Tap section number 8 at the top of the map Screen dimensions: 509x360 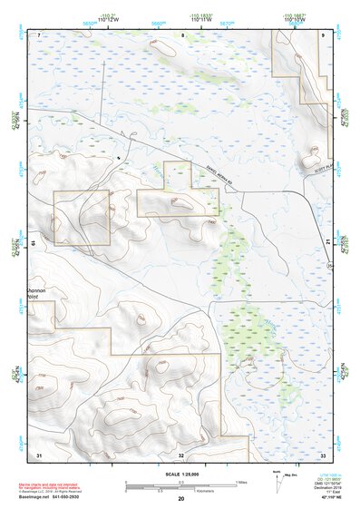click(x=182, y=34)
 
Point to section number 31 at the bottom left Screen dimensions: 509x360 click(x=39, y=454)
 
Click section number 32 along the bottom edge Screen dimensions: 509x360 click(x=181, y=455)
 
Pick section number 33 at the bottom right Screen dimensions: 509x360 click(x=324, y=454)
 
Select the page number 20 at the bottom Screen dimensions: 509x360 click(x=180, y=500)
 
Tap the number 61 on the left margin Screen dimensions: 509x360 click(x=32, y=242)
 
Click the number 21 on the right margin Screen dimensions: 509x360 click(x=328, y=240)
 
